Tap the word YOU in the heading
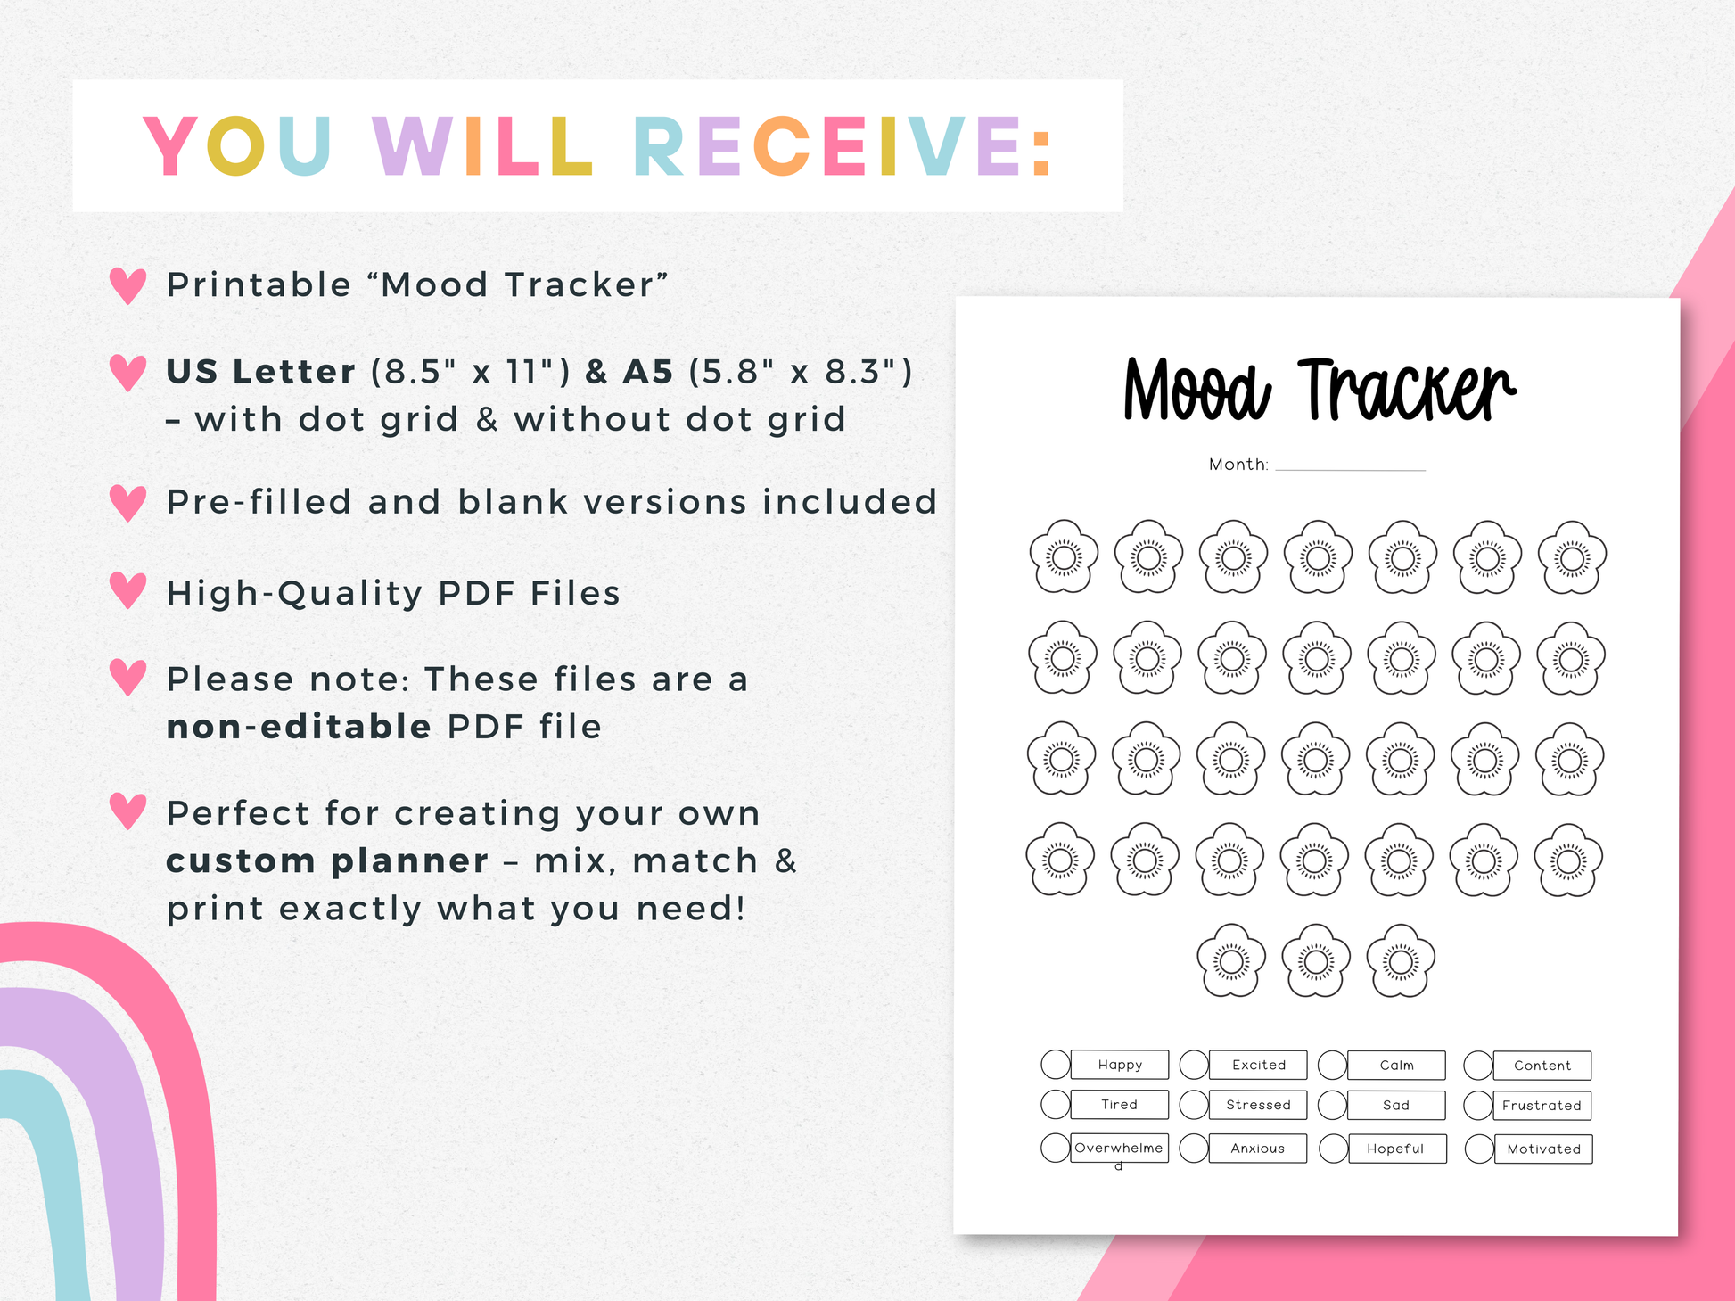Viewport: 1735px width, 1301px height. coord(237,146)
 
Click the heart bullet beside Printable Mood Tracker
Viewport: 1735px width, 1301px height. coord(127,285)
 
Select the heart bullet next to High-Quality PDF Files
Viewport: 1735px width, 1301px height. coord(127,590)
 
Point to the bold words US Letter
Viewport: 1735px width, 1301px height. coord(261,372)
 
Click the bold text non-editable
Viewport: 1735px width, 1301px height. coord(299,727)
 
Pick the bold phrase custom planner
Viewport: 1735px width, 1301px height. coord(327,861)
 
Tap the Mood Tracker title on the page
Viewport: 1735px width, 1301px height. coord(1319,390)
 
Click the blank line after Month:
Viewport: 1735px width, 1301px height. coord(1351,469)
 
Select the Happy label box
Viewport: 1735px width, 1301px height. coord(1120,1065)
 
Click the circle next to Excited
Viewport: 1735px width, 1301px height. coord(1194,1065)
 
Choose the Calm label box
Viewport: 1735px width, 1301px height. coord(1396,1066)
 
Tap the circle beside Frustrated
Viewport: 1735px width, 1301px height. coord(1478,1106)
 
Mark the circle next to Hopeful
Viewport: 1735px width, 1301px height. coord(1334,1149)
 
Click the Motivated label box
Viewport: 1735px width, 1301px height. coord(1543,1149)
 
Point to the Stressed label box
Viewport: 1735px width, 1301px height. coord(1258,1105)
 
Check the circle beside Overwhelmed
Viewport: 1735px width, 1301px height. coord(1056,1148)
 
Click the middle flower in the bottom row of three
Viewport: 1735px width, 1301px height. coord(1316,960)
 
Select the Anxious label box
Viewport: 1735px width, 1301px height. coord(1258,1149)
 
